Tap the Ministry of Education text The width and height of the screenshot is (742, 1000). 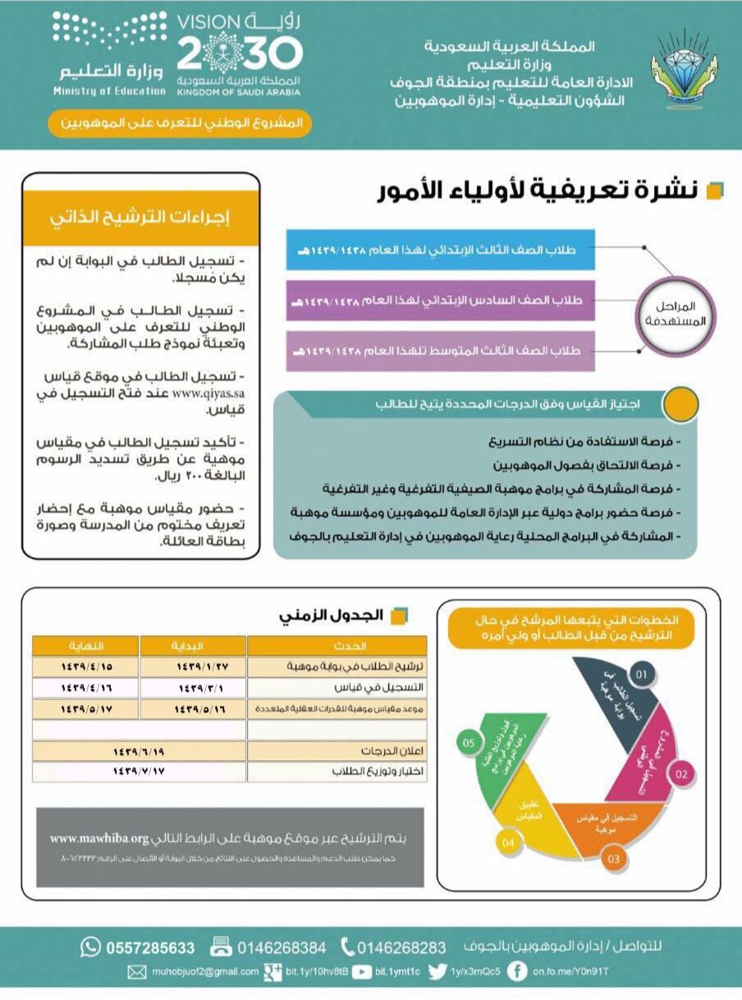pyautogui.click(x=110, y=90)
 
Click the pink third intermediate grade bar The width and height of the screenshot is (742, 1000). pyautogui.click(x=440, y=351)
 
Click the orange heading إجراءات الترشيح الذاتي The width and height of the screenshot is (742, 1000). pyautogui.click(x=140, y=218)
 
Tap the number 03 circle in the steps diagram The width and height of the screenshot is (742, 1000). pyautogui.click(x=613, y=860)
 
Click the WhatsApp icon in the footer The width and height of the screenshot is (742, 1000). pyautogui.click(x=90, y=947)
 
